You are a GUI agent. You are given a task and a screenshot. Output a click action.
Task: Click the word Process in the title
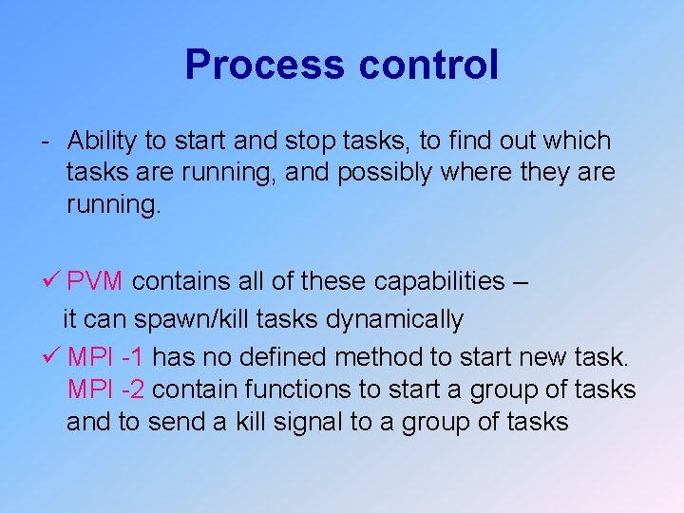point(265,65)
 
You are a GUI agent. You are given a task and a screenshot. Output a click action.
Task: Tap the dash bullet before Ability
point(46,142)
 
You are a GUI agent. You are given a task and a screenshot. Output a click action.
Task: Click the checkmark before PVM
point(53,281)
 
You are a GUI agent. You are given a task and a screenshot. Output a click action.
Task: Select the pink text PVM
point(96,281)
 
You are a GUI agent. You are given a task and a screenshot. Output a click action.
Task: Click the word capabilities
point(440,281)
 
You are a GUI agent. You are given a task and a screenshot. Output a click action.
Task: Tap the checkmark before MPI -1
point(53,357)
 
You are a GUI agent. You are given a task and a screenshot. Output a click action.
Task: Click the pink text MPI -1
point(106,357)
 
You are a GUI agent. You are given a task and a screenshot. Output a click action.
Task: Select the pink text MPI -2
point(106,389)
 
